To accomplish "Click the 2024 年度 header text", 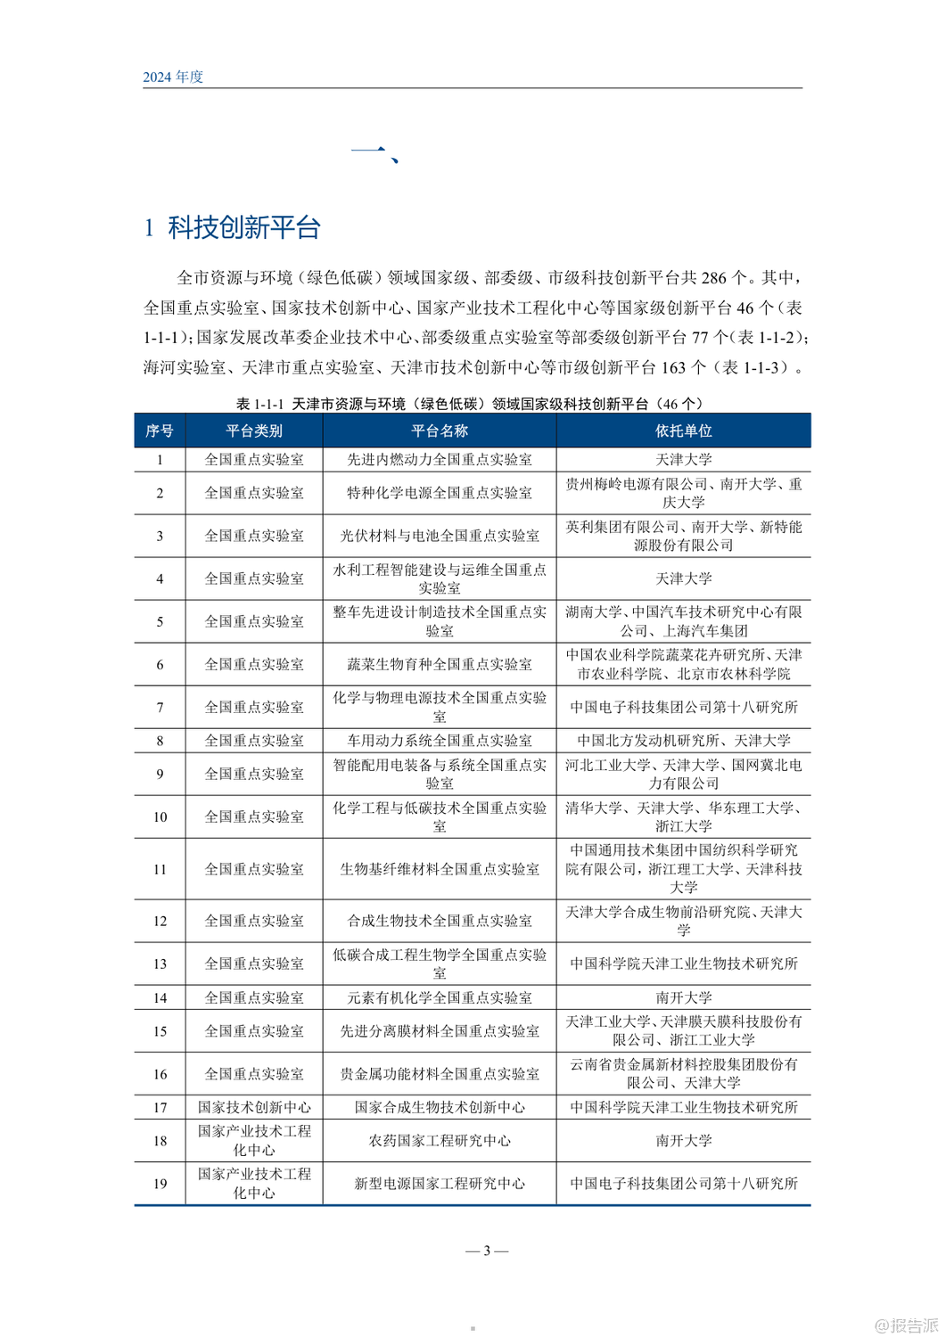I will pyautogui.click(x=173, y=77).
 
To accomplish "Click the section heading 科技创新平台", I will pyautogui.click(x=243, y=228).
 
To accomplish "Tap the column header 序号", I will pyautogui.click(x=160, y=431).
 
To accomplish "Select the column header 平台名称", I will pyautogui.click(x=440, y=431).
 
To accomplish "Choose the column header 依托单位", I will pyautogui.click(x=683, y=431).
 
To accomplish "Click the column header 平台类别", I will pyautogui.click(x=254, y=431).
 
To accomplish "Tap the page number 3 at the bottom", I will pyautogui.click(x=487, y=1251).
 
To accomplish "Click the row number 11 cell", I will pyautogui.click(x=160, y=869).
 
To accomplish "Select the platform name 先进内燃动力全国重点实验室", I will pyautogui.click(x=440, y=460).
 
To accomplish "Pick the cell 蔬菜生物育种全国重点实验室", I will pyautogui.click(x=440, y=665).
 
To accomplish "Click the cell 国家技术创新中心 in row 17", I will pyautogui.click(x=254, y=1108).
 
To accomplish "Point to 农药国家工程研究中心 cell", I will pyautogui.click(x=440, y=1141).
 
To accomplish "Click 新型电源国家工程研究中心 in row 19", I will pyautogui.click(x=440, y=1184).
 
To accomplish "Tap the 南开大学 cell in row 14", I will pyautogui.click(x=683, y=998).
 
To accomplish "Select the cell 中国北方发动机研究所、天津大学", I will pyautogui.click(x=683, y=741).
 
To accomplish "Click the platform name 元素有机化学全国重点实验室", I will pyautogui.click(x=440, y=998).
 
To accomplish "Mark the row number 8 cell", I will pyautogui.click(x=160, y=741).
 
